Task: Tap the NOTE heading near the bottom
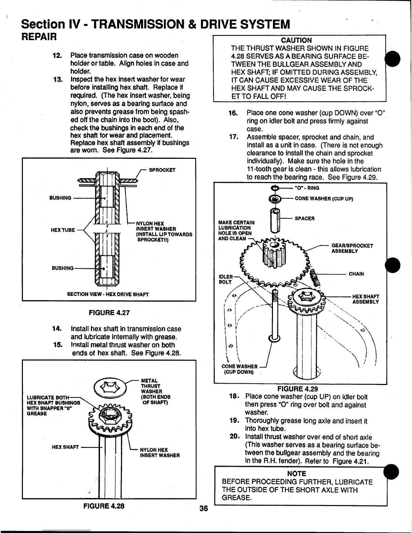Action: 296,473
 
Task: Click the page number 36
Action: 203,508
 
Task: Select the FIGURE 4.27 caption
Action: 109,313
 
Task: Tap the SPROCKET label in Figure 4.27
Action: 162,170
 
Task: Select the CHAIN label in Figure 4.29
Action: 356,274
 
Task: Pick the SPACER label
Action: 305,218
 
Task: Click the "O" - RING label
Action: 307,188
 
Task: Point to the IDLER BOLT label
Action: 226,279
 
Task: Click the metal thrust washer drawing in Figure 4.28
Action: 110,387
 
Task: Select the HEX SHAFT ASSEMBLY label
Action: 366,299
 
